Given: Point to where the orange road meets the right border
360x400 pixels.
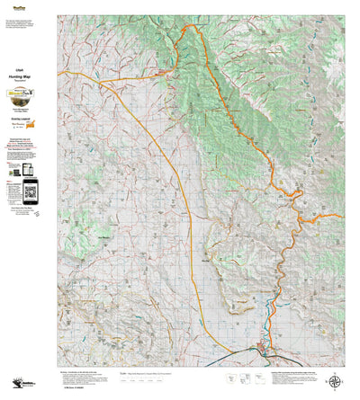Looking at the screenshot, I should pos(343,215).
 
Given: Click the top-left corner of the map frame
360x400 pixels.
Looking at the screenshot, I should pos(58,15).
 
